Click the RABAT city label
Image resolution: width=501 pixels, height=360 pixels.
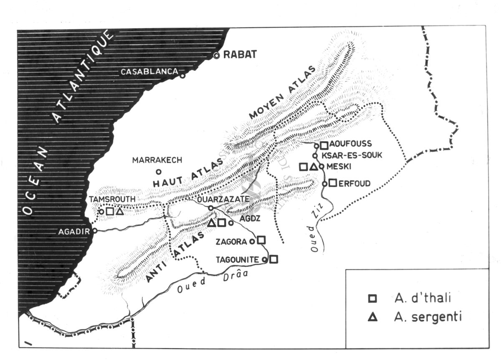pos(240,55)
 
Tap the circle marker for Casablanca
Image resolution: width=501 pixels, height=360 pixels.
pos(182,76)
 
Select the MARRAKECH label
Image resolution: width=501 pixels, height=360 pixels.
pos(157,160)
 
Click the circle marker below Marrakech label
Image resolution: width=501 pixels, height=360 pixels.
pos(158,171)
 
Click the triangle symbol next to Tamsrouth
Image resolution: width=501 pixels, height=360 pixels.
pos(120,211)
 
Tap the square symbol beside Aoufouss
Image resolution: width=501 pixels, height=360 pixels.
pos(324,145)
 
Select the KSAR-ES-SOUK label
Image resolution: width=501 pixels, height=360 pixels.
pos(351,155)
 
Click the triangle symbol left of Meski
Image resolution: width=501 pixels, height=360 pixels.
pos(313,167)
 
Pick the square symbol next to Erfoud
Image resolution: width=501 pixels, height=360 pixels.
pos(333,183)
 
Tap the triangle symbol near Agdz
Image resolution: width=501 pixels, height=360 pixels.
pos(212,223)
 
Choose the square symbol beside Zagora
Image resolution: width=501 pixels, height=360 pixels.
pos(261,240)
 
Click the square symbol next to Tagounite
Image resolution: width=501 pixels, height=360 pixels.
pos(273,259)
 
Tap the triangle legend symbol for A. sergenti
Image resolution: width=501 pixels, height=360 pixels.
pos(372,317)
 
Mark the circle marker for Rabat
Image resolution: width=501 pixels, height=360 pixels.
pos(216,56)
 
